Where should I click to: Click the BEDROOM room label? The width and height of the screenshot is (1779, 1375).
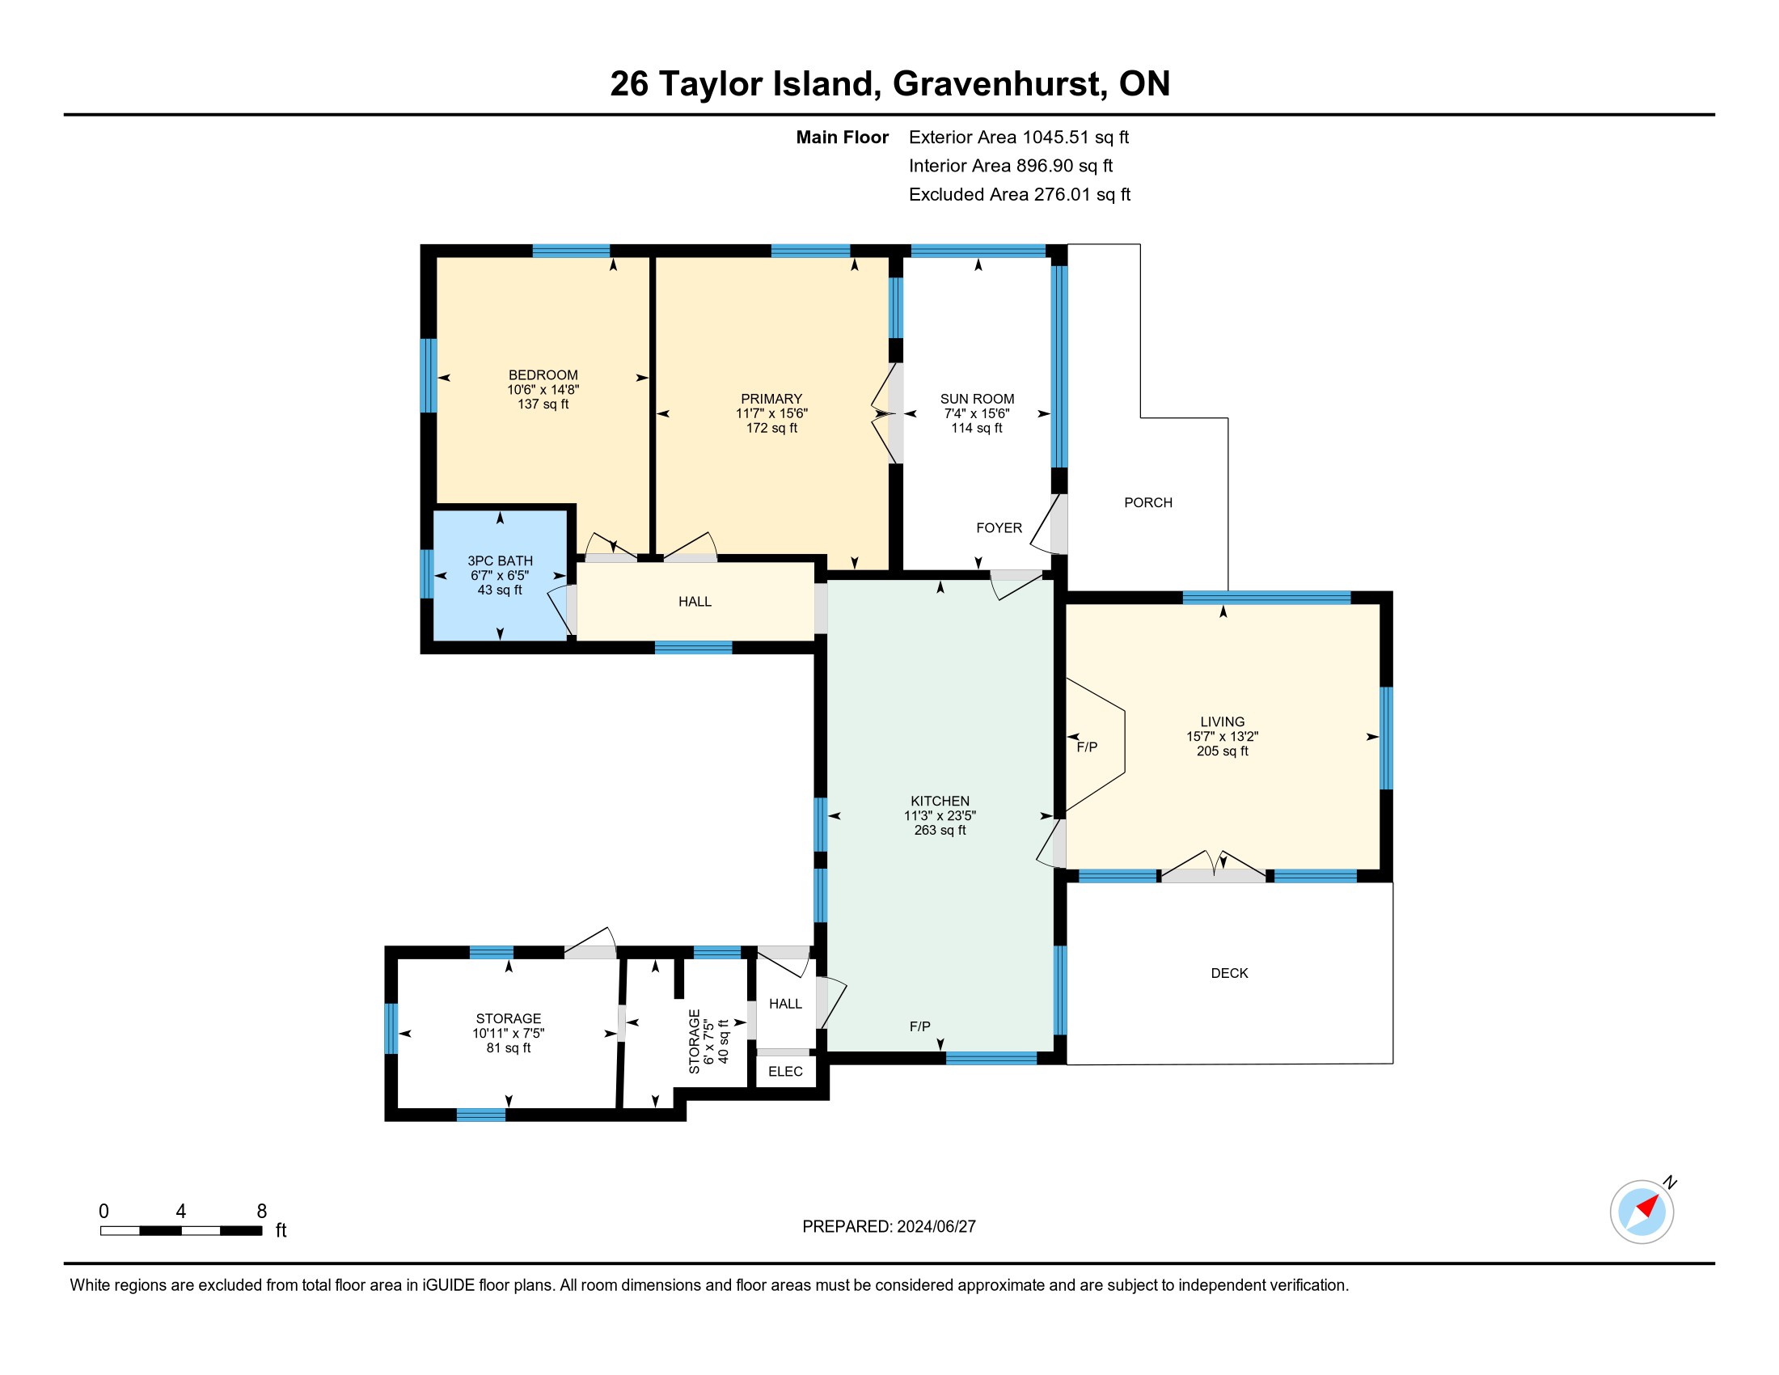[543, 375]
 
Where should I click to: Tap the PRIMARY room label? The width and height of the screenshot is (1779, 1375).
[771, 399]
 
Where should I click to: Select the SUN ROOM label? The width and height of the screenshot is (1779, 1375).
[977, 399]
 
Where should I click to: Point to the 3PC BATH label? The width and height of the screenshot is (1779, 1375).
[500, 561]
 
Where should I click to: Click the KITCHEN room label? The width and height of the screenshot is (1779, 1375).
[940, 802]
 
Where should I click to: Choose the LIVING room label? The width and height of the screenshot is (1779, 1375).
[1222, 721]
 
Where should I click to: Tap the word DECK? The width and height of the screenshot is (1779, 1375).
[1229, 973]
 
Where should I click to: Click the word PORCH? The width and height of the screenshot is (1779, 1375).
[1147, 503]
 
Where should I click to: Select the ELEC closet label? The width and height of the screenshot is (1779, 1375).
[785, 1072]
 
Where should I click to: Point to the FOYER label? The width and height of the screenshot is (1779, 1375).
[999, 529]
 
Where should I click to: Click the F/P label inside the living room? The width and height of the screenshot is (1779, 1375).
[1087, 748]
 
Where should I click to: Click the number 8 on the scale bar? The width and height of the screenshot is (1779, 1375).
[261, 1212]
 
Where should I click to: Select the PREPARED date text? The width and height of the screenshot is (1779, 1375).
[889, 1227]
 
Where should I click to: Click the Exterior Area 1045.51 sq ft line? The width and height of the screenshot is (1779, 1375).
[1018, 137]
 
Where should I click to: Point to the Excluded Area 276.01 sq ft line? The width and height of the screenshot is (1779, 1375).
[1019, 195]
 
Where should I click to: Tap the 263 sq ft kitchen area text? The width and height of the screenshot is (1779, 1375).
[940, 831]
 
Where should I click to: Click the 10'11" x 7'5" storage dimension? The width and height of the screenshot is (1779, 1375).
[509, 1034]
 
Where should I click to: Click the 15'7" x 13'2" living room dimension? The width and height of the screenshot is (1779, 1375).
[1222, 736]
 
